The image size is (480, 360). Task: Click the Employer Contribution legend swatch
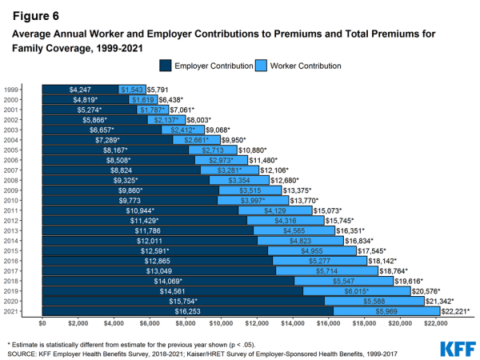[x=166, y=65]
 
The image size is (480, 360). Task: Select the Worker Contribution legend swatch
[x=262, y=65]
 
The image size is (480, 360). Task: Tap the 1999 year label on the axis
[x=11, y=90]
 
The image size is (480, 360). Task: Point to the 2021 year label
[x=11, y=310]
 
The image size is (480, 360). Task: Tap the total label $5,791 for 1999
[x=157, y=90]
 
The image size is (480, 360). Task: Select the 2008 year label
[x=11, y=180]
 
